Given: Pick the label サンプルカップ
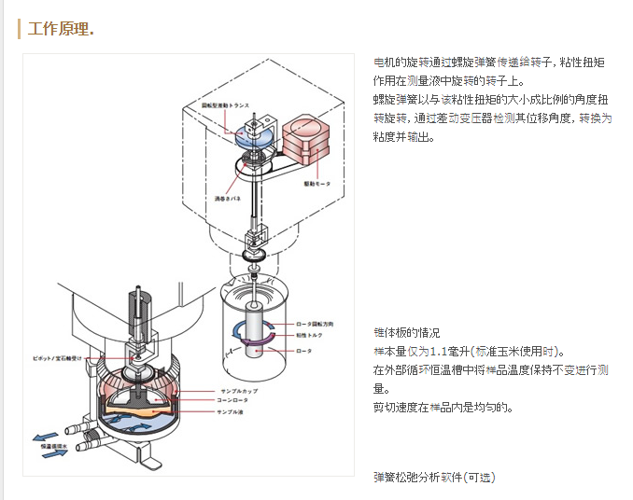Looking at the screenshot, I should (x=238, y=391).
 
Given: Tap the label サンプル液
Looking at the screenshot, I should (x=233, y=411).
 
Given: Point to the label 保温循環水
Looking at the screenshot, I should (x=56, y=446).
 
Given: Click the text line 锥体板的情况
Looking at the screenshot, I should (x=406, y=333).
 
